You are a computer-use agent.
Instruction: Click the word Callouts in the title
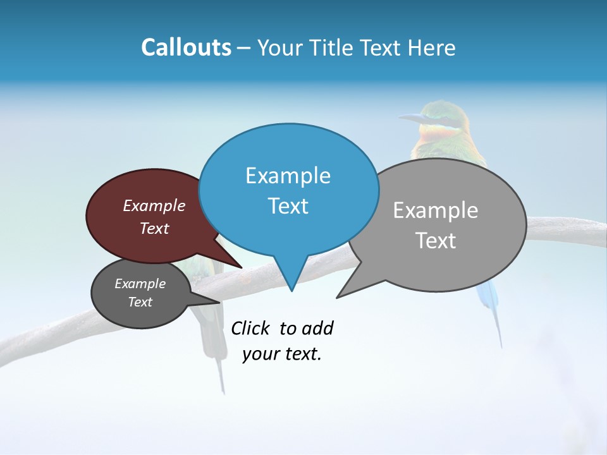click(x=186, y=47)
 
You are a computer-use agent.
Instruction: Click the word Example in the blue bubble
click(x=288, y=176)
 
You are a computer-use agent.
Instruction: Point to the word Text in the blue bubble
click(x=288, y=206)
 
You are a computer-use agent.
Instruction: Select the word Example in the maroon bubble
click(x=154, y=206)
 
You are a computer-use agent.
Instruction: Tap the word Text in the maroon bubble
click(x=154, y=229)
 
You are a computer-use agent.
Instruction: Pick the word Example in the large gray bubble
click(x=436, y=210)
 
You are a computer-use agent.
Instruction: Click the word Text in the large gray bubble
click(x=436, y=241)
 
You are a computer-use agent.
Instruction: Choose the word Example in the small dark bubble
click(x=140, y=284)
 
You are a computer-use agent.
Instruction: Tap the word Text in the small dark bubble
click(x=140, y=302)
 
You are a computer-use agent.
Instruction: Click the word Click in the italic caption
click(x=250, y=328)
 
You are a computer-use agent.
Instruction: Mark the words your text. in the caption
click(x=282, y=354)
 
